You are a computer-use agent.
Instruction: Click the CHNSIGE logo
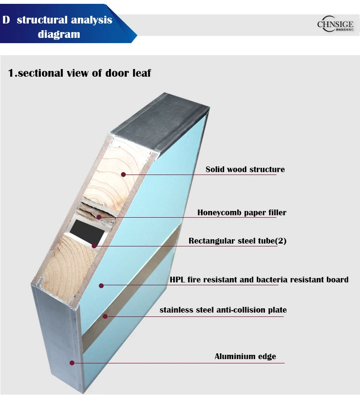(x=335, y=24)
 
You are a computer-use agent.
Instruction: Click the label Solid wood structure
(x=245, y=169)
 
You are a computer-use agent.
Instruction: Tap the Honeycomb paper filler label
(x=241, y=212)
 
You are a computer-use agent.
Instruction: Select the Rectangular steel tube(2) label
(x=237, y=241)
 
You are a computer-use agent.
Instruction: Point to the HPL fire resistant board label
(x=259, y=280)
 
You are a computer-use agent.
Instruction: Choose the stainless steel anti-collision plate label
(x=223, y=310)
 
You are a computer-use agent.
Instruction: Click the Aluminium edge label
(x=245, y=356)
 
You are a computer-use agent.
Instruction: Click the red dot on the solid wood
(x=123, y=175)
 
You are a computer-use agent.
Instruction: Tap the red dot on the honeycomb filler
(x=99, y=217)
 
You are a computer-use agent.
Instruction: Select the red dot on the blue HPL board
(x=101, y=286)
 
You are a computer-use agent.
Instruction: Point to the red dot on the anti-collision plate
(x=105, y=316)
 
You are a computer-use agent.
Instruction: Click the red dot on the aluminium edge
(x=72, y=363)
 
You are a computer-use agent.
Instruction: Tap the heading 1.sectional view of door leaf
(x=80, y=73)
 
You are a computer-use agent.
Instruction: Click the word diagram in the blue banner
(x=59, y=34)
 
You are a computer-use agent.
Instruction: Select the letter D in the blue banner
(x=6, y=20)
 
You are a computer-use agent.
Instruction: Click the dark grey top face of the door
(x=158, y=120)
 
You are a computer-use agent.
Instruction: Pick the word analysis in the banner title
(x=92, y=20)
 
